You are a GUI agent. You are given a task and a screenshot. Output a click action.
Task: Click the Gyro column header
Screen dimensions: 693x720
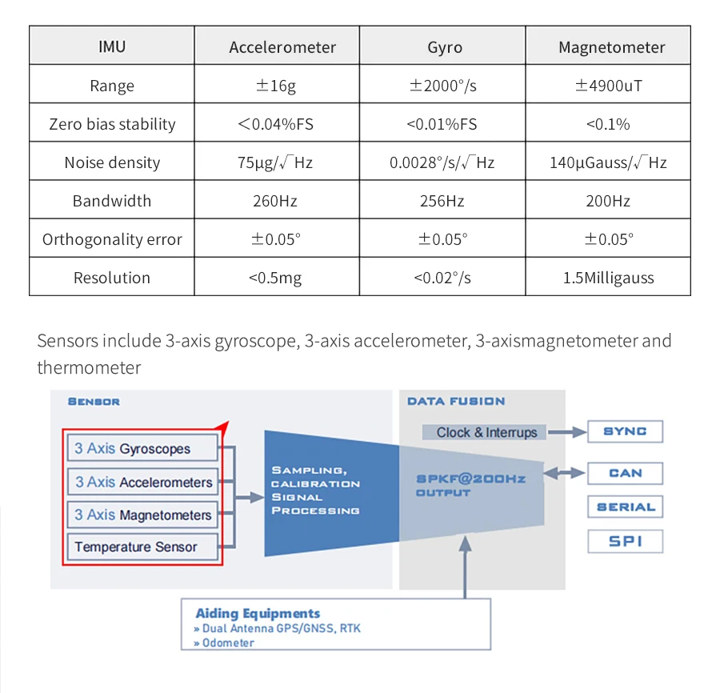tap(444, 47)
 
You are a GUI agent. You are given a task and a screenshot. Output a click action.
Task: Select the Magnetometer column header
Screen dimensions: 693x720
tap(611, 47)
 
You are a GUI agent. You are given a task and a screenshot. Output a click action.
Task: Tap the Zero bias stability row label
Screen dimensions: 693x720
tap(112, 124)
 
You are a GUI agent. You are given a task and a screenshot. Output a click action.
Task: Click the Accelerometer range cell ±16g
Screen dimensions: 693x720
tap(276, 86)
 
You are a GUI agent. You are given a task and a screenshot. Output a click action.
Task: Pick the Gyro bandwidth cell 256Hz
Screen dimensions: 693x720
tap(442, 201)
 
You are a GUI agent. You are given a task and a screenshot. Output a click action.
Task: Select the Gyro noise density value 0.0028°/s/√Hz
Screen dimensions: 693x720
tap(442, 162)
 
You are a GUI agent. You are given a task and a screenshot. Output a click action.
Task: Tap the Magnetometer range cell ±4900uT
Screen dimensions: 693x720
tap(608, 86)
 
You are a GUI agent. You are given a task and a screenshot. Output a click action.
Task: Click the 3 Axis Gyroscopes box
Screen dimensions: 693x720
tap(142, 449)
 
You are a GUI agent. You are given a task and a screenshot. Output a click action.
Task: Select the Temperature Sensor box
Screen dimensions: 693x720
tap(142, 547)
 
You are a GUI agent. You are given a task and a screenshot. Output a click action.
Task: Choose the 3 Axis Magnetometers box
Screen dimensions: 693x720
tap(142, 515)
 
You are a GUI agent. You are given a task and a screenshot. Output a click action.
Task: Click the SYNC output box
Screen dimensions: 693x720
tap(625, 432)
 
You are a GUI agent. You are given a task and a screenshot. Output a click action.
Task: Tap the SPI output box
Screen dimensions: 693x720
tap(625, 542)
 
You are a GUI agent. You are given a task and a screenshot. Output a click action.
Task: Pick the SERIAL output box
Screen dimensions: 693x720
tap(625, 507)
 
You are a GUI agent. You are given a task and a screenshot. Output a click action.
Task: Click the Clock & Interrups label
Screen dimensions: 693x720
tap(486, 432)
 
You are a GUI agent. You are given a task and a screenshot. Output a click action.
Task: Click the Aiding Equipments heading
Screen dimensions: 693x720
tap(258, 614)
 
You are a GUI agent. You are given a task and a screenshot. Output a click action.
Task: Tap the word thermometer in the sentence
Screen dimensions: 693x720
tap(89, 368)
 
